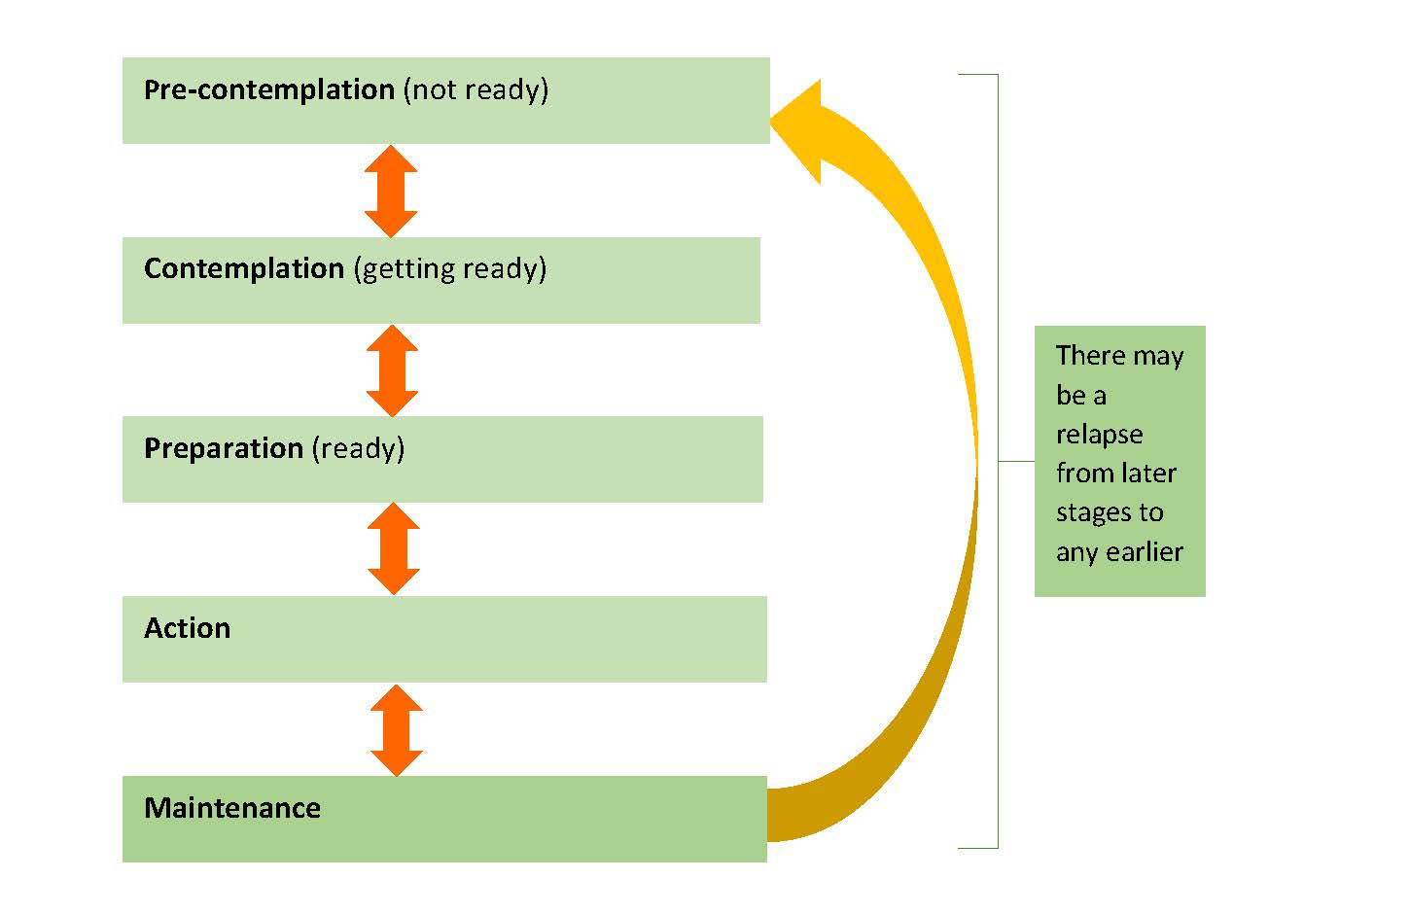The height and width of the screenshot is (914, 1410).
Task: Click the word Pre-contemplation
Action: (268, 89)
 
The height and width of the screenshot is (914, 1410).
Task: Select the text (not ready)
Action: (476, 89)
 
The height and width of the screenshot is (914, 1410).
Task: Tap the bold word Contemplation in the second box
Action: (243, 268)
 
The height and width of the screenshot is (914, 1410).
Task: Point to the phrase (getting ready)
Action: (449, 269)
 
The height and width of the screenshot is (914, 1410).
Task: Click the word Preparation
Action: (224, 448)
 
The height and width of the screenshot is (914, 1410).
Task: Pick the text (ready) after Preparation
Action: (358, 448)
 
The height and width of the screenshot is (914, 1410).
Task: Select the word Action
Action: (188, 628)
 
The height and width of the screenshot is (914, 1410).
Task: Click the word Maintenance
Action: (232, 808)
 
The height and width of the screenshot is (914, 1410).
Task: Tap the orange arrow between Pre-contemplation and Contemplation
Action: (391, 191)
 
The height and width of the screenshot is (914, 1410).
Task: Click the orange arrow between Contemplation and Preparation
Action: (392, 370)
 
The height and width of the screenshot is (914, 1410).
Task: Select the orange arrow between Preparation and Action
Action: (394, 548)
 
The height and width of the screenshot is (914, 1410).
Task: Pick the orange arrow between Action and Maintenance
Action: (397, 730)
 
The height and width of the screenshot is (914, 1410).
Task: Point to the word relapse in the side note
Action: (1099, 435)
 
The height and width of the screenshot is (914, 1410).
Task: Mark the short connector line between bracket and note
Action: (1016, 461)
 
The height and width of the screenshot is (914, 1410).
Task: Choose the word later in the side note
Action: (1148, 474)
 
